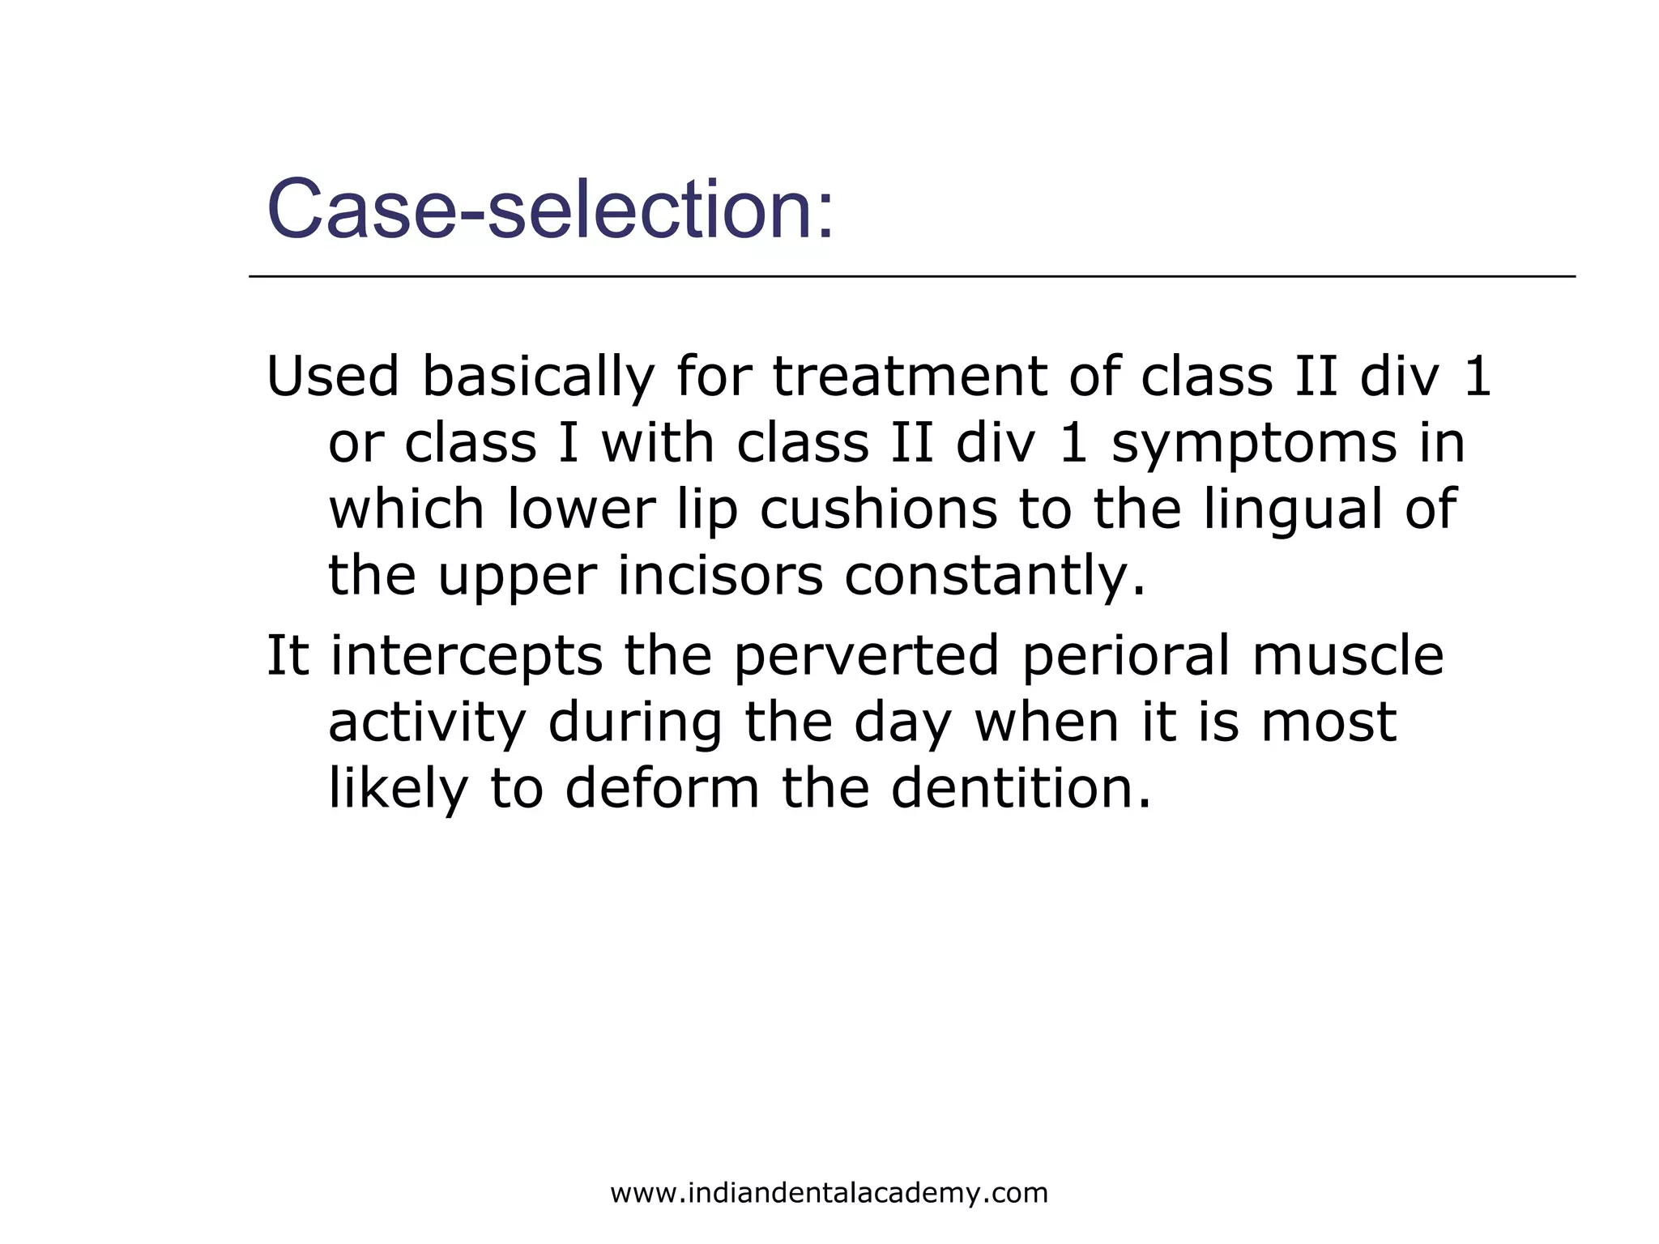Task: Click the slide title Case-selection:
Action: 550,210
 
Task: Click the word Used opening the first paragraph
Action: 333,377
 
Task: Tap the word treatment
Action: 908,377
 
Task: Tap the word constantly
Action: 995,577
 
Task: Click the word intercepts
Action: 467,656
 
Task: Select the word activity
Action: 427,723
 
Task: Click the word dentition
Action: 1020,788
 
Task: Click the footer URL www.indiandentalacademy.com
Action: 829,1193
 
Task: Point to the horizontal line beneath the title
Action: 911,277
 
